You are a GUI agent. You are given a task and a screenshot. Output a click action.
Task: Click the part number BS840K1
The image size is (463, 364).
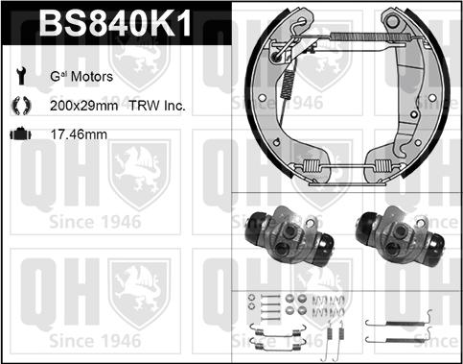pos(116,22)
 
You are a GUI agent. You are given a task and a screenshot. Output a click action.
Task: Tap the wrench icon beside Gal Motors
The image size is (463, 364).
pos(21,76)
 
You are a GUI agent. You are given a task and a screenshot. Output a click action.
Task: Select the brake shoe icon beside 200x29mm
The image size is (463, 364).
pos(21,106)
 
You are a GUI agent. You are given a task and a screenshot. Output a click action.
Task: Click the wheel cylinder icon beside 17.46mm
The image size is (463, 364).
pos(21,133)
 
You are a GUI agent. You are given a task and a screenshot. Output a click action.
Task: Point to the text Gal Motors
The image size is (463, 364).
pos(81,77)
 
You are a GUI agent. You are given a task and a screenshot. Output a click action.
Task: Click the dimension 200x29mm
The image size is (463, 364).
pos(84,106)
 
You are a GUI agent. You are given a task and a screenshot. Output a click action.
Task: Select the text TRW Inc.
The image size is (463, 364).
pos(157,106)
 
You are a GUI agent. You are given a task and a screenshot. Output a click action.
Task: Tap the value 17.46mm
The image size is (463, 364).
pos(79,134)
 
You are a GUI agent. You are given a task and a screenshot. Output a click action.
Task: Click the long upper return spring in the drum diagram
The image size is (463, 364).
pos(371,36)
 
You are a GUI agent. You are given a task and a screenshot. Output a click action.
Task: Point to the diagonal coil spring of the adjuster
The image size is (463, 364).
pos(289,84)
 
